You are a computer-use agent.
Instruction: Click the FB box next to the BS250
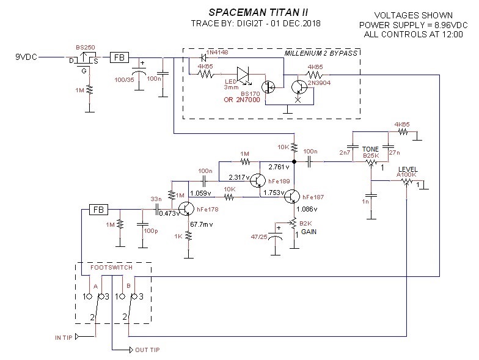[118, 58]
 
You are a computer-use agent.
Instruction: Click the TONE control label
[370, 149]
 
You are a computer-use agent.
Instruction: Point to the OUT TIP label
[149, 350]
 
